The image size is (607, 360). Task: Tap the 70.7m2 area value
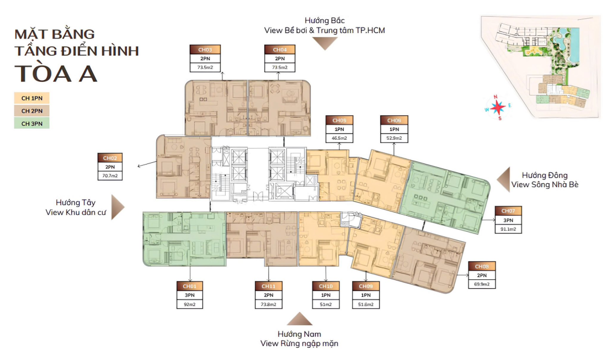[109, 177]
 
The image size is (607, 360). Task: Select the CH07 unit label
[508, 210]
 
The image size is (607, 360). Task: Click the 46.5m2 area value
[339, 138]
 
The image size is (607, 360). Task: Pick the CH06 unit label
[394, 120]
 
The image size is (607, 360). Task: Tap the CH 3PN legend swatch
[32, 123]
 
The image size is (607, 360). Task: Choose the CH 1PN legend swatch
[32, 98]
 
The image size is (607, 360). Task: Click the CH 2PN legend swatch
[32, 110]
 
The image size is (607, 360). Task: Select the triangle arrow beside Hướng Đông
[503, 180]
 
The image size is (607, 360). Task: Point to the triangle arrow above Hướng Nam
[300, 319]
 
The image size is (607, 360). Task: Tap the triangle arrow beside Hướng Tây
[118, 207]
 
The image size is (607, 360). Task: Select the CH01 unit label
[190, 286]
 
